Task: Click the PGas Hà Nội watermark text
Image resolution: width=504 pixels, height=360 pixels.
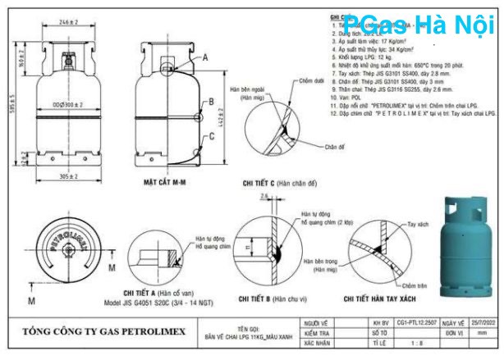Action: tap(419, 25)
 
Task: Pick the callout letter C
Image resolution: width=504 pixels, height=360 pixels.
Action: tap(211, 137)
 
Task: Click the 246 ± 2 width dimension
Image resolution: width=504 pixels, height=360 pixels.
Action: tap(68, 22)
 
